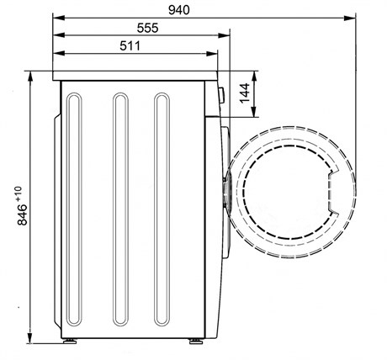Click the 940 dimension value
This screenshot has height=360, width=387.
coord(179,10)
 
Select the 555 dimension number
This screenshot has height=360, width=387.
coord(147,28)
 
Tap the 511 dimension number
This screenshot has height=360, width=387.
coord(130,45)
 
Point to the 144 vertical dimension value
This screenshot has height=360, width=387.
coord(245,93)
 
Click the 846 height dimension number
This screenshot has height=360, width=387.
coord(23,214)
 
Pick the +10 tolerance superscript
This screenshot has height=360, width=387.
coord(19,193)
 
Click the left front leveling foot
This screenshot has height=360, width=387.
coord(69,341)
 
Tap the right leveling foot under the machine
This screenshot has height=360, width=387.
coord(195,341)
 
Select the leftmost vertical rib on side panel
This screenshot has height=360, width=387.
coord(74,209)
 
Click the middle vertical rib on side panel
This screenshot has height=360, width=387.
coord(120,209)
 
